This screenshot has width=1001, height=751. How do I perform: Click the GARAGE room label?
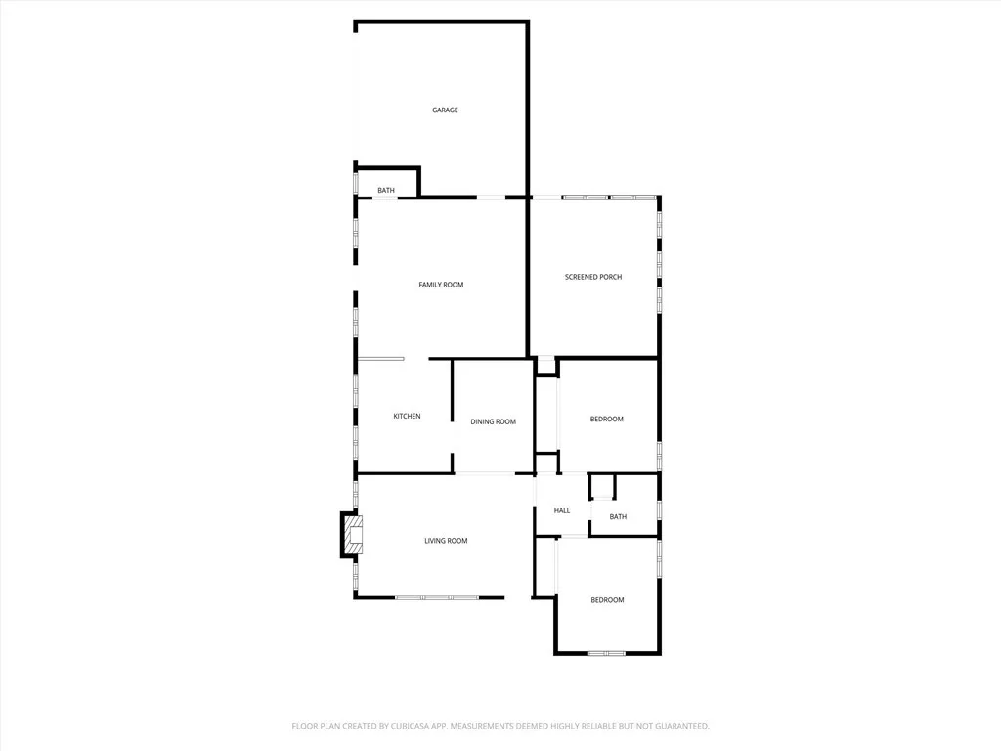point(445,110)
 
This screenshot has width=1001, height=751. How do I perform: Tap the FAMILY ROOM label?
point(441,285)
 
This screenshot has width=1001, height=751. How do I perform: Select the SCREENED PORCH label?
point(592,277)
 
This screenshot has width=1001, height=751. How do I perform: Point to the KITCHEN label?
point(407,417)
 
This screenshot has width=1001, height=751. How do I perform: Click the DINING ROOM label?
point(493,421)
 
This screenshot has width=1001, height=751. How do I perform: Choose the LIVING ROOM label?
point(446,541)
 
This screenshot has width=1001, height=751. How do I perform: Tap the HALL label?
point(562,510)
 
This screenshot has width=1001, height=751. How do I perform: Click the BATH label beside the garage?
point(386,190)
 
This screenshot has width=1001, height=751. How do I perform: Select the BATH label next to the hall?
point(618,517)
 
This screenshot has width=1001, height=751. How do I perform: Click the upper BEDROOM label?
point(606,420)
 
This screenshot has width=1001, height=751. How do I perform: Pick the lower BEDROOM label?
point(606,600)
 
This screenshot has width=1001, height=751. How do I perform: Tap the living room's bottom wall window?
point(437,596)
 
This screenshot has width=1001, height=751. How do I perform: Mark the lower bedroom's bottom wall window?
point(606,652)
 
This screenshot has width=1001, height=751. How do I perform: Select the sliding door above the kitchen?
point(381,359)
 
